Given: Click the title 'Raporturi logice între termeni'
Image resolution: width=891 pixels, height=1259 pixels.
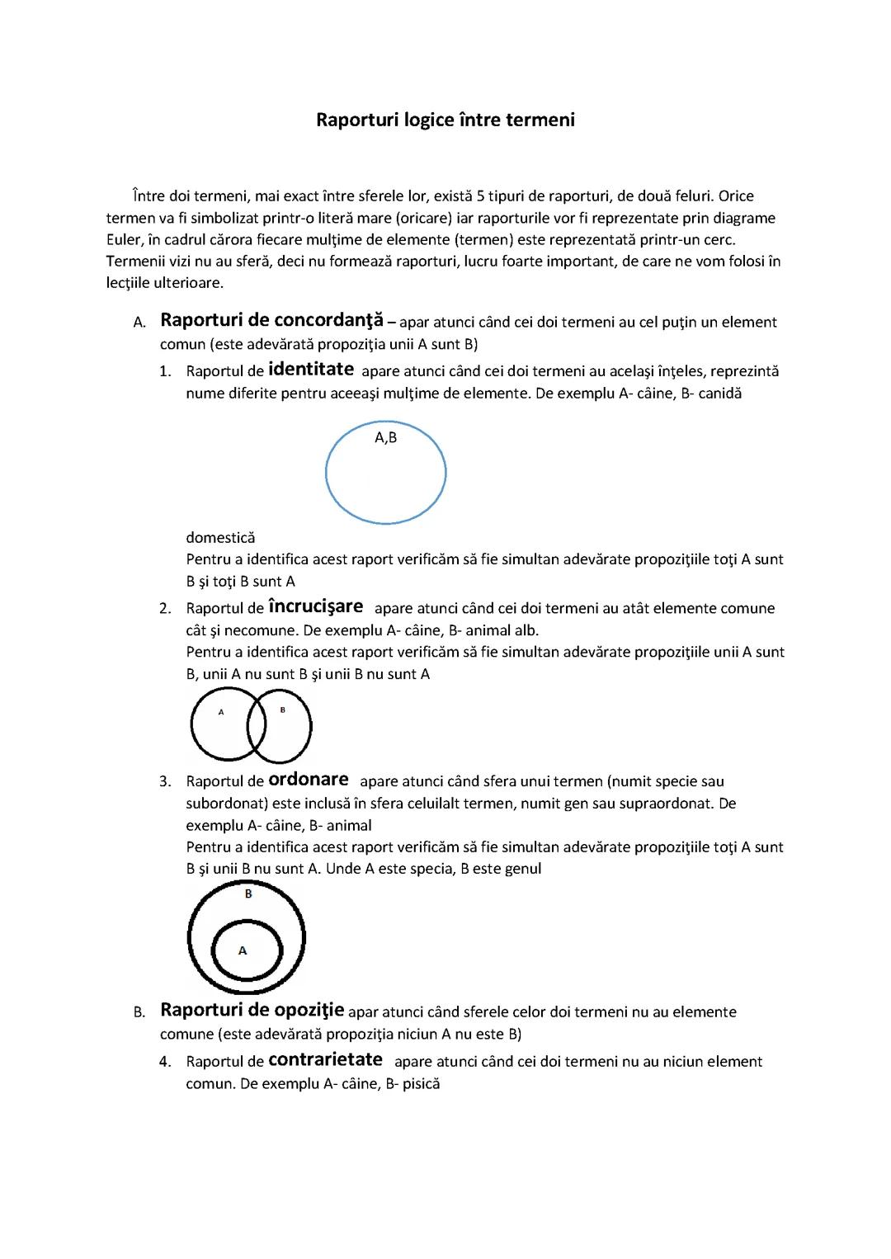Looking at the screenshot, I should pos(445,120).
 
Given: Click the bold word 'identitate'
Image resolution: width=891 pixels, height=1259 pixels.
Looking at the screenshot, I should pos(311,370).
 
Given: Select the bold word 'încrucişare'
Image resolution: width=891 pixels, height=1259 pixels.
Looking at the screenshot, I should pos(316,607).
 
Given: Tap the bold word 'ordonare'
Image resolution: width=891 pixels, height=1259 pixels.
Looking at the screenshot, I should pos(309,780).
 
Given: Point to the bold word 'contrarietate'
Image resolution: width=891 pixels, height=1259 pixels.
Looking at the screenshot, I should pos(326,1060).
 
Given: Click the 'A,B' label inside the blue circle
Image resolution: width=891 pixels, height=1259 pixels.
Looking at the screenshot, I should pos(386,438).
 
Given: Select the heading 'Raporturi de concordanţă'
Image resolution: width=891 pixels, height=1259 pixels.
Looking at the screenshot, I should pos(271,320).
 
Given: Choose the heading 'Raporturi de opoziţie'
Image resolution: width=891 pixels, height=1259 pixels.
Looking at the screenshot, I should pos(252,1011).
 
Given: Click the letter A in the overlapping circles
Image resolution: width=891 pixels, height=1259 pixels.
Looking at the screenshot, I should pos(221,711).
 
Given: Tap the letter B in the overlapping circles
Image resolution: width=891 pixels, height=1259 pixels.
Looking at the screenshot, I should pos(282,710).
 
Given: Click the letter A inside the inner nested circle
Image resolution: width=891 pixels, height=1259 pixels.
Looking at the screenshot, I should pos(243,950).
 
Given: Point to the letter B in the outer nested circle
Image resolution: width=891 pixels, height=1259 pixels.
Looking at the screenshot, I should pos(248,894).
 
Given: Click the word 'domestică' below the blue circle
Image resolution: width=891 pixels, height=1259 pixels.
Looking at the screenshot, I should pos(220,538).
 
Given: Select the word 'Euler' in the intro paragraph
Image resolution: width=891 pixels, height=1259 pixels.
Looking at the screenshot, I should pos(125,240).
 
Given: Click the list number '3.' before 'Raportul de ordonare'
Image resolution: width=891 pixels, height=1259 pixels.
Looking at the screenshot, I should pos(166,781).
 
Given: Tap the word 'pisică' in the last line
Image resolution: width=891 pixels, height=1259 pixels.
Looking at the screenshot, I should pos(421,1083).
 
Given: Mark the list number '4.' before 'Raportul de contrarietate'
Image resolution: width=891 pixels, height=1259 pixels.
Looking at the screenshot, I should pos(166,1062).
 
